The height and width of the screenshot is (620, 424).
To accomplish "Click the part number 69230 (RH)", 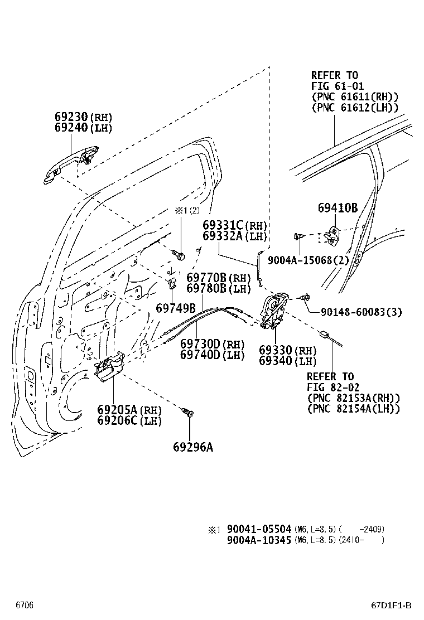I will pos(83,118).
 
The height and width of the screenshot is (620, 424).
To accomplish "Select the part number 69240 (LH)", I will pos(83,128).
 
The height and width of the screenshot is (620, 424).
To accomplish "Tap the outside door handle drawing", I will pos(71,163).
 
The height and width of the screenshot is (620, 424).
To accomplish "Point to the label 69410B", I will pos(338,208).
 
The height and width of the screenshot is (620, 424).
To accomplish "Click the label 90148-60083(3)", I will pos(361,312).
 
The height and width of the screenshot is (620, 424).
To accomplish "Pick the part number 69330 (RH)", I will pos(287,351).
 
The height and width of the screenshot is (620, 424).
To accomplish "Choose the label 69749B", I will pos(175,308).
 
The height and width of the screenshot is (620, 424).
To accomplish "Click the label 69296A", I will pos(192,447).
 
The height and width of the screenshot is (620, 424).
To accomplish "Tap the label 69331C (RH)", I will pos(234,226).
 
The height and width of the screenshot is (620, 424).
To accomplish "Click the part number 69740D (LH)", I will pos(212,355).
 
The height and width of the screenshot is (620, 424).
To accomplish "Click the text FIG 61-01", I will pos(337,86).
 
